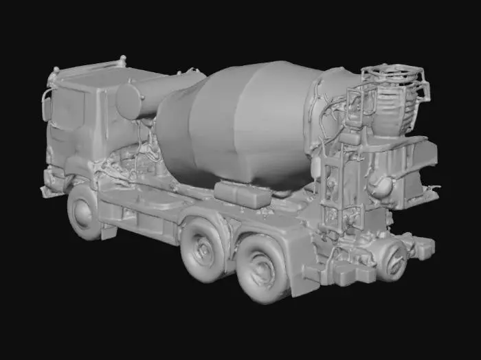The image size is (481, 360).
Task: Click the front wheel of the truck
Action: (x=84, y=213)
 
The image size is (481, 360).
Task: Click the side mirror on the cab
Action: (x=47, y=107)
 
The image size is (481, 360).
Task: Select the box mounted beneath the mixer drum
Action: (x=242, y=194)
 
